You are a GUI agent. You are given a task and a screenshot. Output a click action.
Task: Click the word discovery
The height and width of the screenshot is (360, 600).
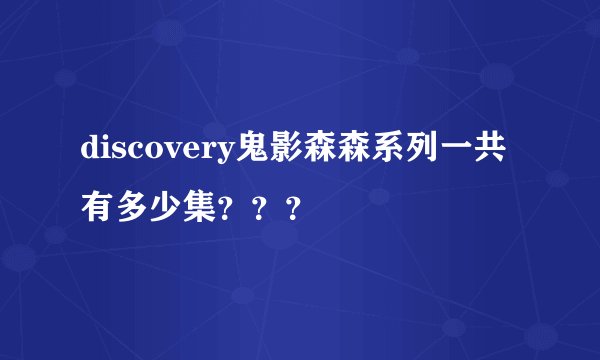click(x=157, y=152)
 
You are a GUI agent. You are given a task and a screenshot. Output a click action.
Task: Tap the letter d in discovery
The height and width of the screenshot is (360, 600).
click(x=90, y=151)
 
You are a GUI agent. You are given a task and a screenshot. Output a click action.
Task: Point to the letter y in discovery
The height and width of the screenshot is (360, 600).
click(x=223, y=155)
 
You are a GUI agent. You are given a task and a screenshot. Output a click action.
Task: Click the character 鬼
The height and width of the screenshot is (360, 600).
click(x=250, y=151)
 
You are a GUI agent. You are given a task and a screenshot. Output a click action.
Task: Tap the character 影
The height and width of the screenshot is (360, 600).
click(x=286, y=151)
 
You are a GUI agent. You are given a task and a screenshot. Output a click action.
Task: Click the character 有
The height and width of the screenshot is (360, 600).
click(x=98, y=208)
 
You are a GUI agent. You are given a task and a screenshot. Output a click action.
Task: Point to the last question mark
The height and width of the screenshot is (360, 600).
click(x=293, y=209)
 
